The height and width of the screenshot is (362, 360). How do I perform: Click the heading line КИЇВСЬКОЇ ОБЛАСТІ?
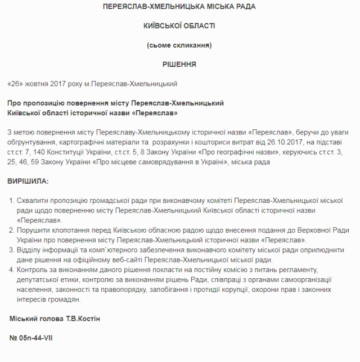click(179, 26)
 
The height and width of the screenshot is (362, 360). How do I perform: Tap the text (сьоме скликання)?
click(179, 45)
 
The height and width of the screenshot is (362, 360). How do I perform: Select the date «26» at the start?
click(16, 84)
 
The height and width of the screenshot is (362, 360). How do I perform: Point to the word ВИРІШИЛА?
click(28, 182)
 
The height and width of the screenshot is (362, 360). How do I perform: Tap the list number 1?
click(12, 201)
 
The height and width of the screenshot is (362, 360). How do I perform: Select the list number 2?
click(12, 230)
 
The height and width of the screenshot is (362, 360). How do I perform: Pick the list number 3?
click(12, 250)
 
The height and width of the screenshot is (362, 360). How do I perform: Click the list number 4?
click(12, 270)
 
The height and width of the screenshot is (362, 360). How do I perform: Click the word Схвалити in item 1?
click(33, 201)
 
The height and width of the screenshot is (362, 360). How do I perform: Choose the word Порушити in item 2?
click(35, 230)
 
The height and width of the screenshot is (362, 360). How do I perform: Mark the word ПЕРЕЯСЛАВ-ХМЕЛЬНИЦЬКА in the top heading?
click(144, 7)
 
